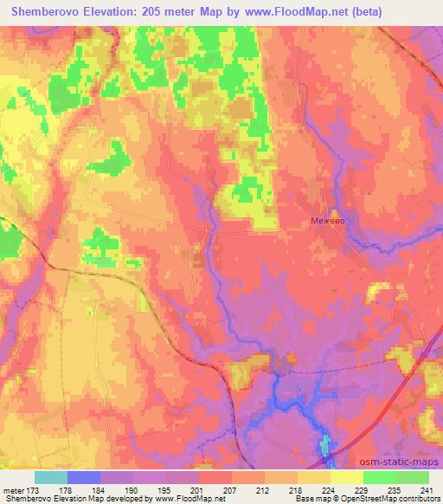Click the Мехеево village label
pyautogui.click(x=329, y=222)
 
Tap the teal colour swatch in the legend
pyautogui.click(x=50, y=477)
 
